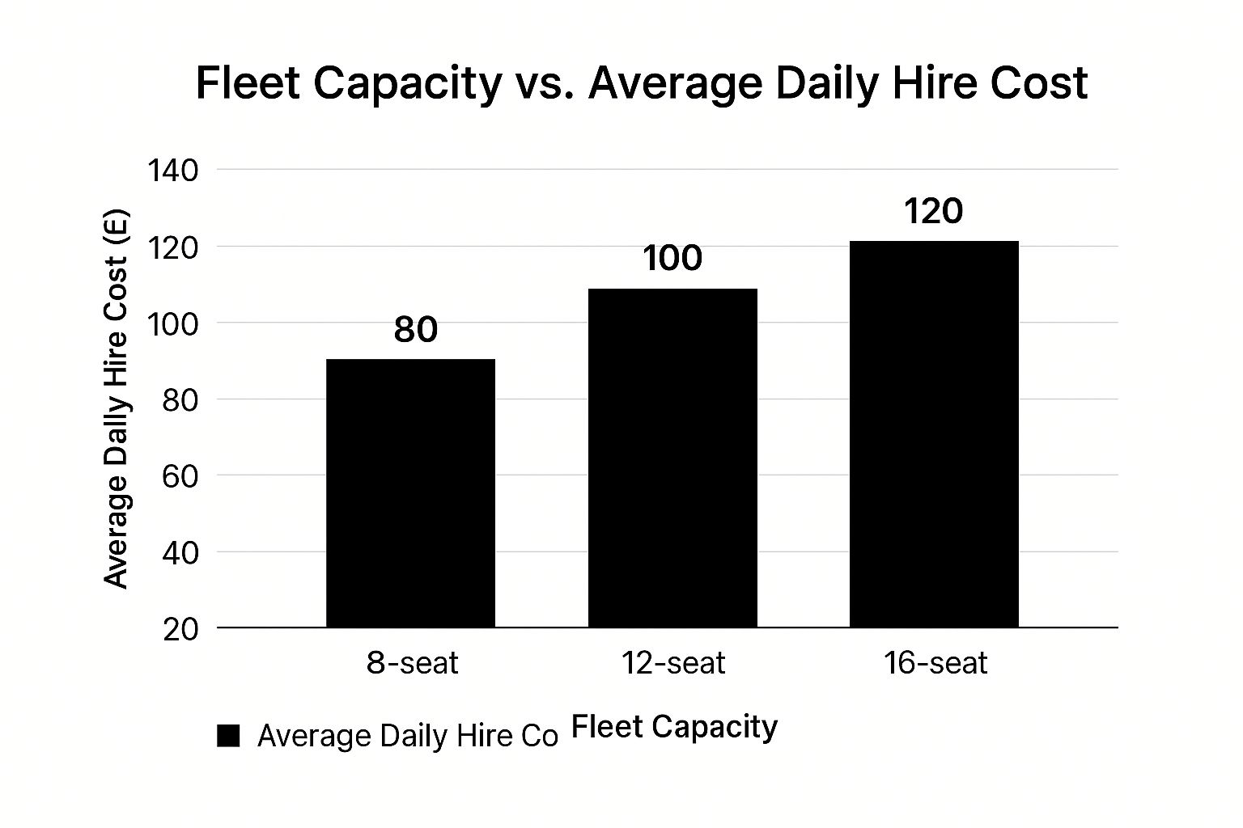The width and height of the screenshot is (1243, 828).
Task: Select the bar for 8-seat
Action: pos(410,493)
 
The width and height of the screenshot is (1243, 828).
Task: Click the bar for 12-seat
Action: pos(672,458)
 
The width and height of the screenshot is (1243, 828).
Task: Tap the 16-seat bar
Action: pos(934,434)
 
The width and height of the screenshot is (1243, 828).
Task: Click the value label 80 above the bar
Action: pos(416,330)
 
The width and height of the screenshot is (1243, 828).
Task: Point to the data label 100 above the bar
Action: pos(672,259)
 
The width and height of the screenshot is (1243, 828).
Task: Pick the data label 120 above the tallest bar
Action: pos(933,212)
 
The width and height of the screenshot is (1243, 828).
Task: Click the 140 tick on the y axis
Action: pos(172,171)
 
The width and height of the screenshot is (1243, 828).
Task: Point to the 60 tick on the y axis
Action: pos(180,476)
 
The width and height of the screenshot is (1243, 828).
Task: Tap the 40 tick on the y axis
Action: pos(180,553)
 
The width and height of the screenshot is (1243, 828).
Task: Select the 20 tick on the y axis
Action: pos(180,629)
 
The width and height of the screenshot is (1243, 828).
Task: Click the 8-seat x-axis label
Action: pos(412,664)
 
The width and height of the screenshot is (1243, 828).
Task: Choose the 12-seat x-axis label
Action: pos(673,664)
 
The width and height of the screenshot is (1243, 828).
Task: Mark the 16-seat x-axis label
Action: pos(935,664)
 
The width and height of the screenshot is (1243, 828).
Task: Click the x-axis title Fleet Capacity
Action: pos(674,727)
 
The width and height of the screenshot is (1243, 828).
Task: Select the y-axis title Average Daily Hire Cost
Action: pos(117,398)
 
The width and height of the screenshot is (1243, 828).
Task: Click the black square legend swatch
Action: pos(229,736)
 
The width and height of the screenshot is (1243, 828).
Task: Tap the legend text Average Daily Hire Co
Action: pos(408,736)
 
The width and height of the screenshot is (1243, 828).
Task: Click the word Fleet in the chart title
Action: pos(244,83)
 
